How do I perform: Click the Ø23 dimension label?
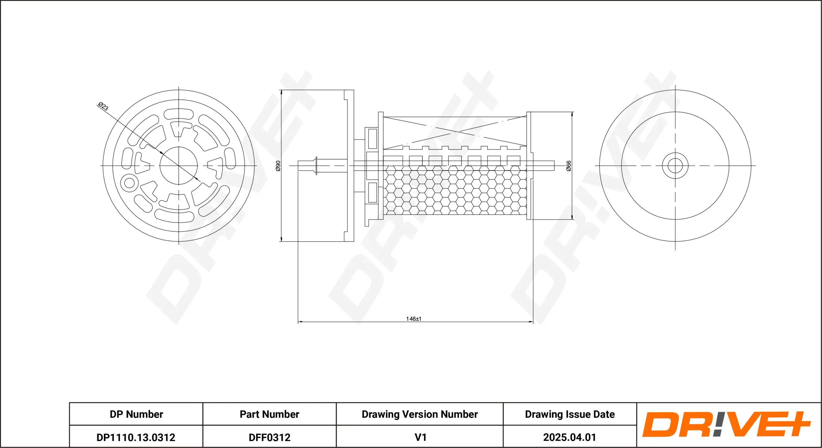[103, 106]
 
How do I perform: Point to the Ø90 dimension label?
[278, 166]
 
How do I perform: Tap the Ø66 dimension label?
[569, 166]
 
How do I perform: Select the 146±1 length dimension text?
[414, 319]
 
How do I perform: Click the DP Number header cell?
[136, 414]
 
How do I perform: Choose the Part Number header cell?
[270, 414]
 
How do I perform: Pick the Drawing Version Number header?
[420, 414]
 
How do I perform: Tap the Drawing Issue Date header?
[570, 414]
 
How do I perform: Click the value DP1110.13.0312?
[136, 437]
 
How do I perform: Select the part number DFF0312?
[270, 437]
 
